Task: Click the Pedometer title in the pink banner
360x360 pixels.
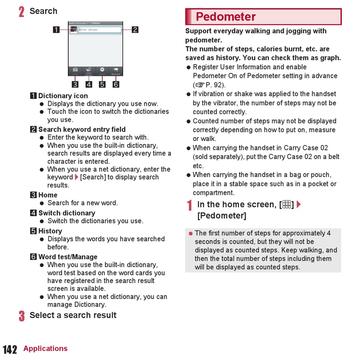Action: coord(225,17)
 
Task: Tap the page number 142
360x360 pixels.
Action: coord(10,349)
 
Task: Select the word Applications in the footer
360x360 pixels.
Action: coord(45,349)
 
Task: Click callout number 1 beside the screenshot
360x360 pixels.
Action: coord(56,29)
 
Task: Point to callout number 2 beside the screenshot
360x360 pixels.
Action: coord(135,29)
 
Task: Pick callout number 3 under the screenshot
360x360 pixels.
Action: coord(75,84)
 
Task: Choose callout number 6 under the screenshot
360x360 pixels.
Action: coord(116,84)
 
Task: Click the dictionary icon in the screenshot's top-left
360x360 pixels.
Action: coord(74,30)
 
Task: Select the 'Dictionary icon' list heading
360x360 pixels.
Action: coord(63,96)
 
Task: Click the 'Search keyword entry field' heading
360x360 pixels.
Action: coord(82,129)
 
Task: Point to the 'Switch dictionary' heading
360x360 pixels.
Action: coord(67,213)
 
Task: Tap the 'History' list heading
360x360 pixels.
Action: coord(50,231)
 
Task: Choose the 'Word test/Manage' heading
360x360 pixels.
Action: coord(68,257)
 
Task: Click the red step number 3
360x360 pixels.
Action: coord(22,316)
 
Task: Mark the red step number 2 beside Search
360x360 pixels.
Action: coord(22,11)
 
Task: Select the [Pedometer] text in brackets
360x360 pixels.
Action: coord(222,216)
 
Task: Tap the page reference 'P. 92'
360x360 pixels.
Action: coord(215,85)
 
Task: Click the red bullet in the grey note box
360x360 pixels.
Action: coord(191,233)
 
